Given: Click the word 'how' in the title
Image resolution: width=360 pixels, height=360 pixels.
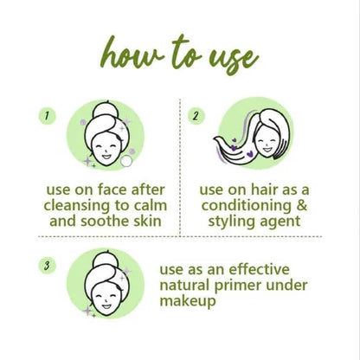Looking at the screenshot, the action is tap(132, 54).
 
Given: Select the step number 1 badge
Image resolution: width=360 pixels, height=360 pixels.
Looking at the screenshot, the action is tap(48, 116).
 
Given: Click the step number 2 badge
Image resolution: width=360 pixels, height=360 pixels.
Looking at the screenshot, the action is tap(196, 116).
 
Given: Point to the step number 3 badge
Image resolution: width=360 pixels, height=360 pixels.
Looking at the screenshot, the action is tap(48, 266).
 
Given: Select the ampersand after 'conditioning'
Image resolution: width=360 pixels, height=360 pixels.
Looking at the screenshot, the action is tap(301, 206).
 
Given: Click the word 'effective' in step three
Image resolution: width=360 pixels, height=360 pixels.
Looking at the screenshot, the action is tap(260, 269).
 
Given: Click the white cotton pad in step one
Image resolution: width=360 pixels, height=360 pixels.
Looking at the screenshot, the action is tap(126, 161).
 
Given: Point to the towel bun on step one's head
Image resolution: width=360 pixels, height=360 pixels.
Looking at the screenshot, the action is tap(106, 110).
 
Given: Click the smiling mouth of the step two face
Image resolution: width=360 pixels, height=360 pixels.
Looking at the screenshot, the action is tap(267, 150).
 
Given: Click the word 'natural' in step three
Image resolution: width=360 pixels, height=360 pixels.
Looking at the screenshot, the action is tap(184, 286).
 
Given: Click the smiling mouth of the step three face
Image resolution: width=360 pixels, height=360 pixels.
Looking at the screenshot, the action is tap(106, 306).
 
